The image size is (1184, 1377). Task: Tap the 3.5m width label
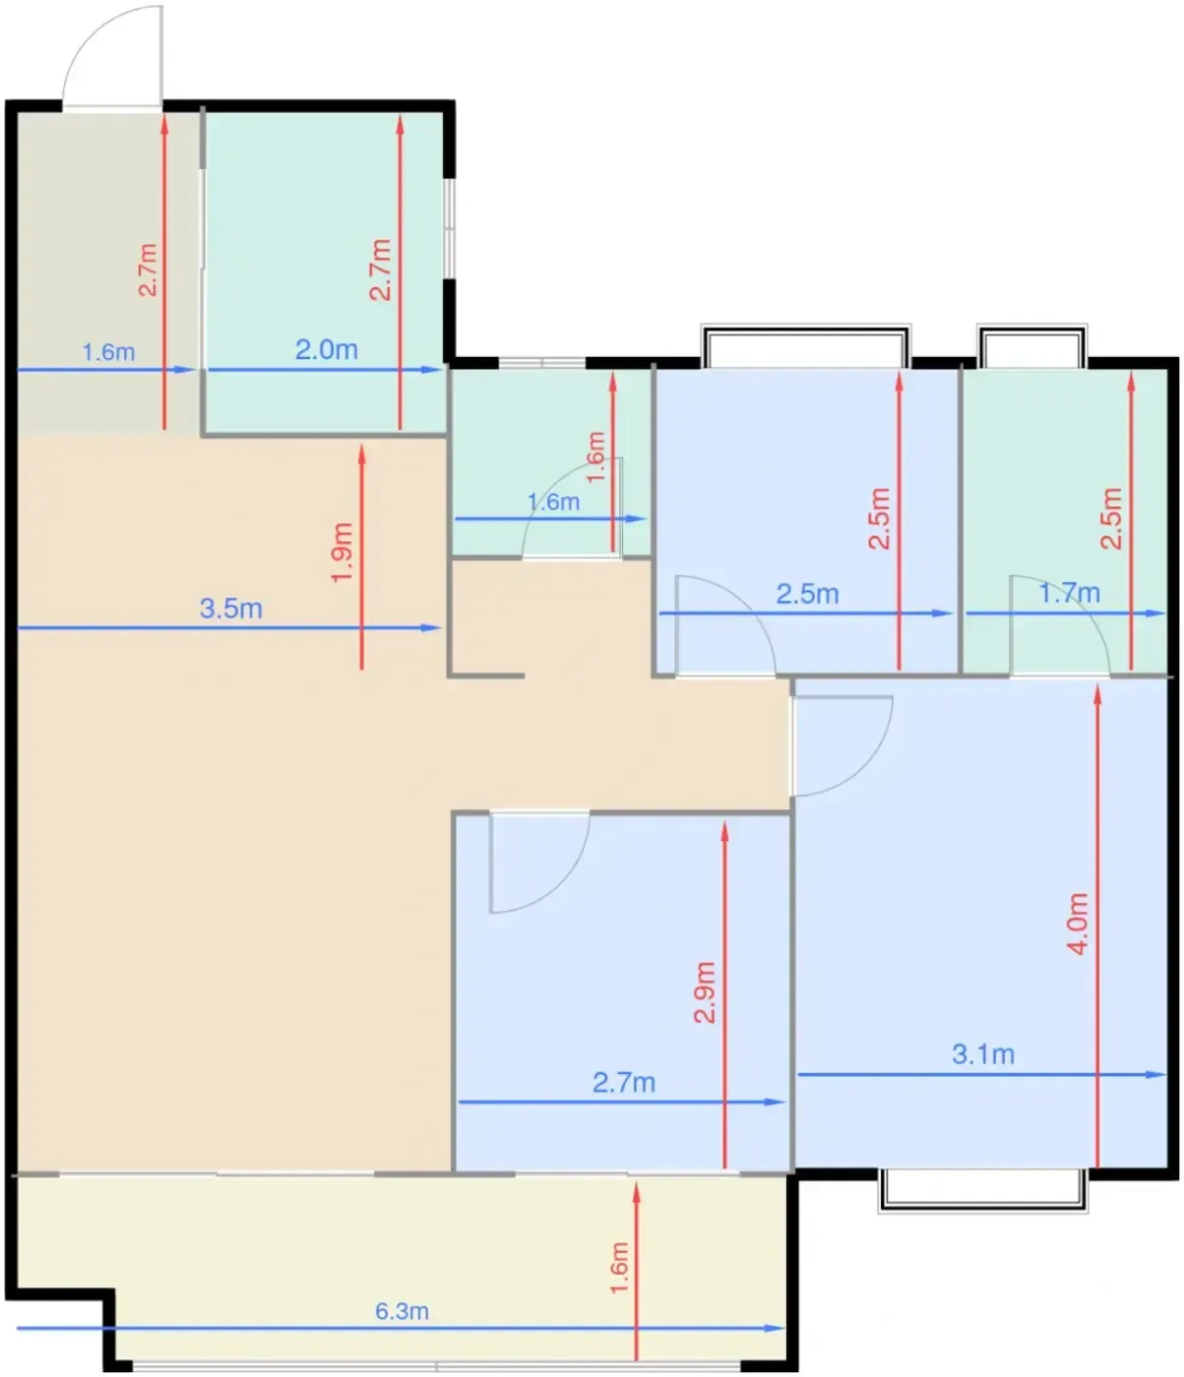pos(230,608)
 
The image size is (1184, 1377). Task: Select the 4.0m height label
pos(1078,924)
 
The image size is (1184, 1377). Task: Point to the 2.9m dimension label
pos(704,992)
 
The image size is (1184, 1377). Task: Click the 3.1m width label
pos(982,1054)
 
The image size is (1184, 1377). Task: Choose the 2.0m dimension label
pos(326,350)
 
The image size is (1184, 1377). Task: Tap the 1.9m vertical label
pos(342,552)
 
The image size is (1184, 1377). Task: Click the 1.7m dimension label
pos(1069,593)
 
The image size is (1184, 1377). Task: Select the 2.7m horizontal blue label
pos(623,1083)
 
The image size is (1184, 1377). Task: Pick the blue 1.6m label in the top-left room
pos(108,352)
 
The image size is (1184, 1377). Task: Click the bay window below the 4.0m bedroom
pos(982,1189)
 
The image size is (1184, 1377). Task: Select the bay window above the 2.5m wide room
pos(806,345)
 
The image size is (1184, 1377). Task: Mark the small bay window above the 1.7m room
pos(1032,345)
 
